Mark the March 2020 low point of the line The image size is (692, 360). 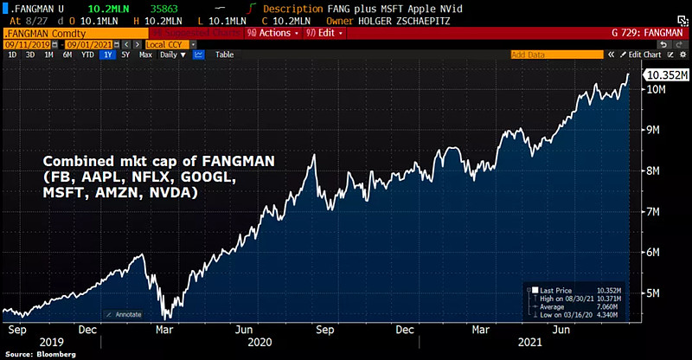(x=163, y=317)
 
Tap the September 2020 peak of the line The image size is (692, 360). (x=313, y=155)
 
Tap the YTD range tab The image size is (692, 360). (x=87, y=54)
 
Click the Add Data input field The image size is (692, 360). (x=554, y=54)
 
